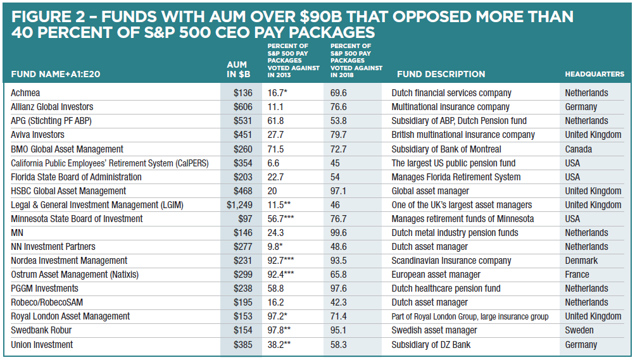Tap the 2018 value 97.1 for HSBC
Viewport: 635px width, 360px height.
click(x=339, y=191)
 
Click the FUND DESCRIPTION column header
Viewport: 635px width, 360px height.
click(x=438, y=74)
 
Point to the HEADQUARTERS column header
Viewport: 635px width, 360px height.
click(x=594, y=74)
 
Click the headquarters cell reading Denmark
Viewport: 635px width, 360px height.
click(x=581, y=261)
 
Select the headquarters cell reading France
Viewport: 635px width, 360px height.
click(x=577, y=275)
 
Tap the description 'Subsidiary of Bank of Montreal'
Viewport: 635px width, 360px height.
click(x=446, y=149)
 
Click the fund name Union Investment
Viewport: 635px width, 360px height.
click(x=42, y=345)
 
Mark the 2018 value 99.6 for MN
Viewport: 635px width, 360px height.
click(x=339, y=233)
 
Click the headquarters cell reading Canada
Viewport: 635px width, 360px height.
click(x=579, y=149)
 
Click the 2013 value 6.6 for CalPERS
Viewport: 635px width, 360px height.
click(x=274, y=163)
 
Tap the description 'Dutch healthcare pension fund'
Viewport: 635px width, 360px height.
click(x=446, y=289)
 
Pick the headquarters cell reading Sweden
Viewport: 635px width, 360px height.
click(x=579, y=330)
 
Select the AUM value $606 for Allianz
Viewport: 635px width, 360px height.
click(x=242, y=107)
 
